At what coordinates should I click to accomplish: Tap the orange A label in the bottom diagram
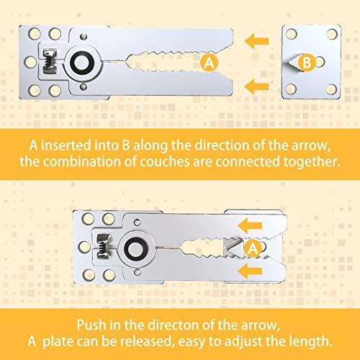pos(253,249)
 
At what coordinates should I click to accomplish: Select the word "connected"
pos(256,162)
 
